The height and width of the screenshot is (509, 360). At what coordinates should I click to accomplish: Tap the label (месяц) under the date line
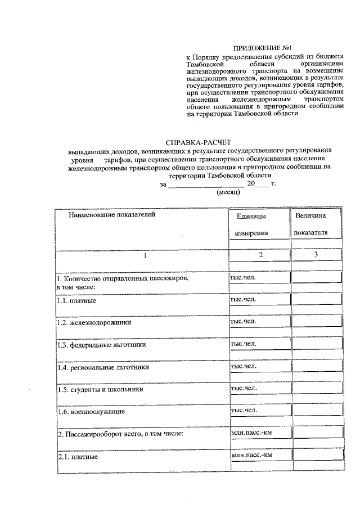[228, 192]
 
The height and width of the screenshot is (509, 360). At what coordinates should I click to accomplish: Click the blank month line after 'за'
[206, 184]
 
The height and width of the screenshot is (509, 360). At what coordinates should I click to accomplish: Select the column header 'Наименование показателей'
[111, 214]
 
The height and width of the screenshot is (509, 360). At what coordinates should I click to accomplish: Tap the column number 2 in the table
[260, 255]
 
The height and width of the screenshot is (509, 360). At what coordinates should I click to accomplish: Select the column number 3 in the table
[316, 255]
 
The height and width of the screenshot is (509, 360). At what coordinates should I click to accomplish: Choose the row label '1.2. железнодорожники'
[94, 323]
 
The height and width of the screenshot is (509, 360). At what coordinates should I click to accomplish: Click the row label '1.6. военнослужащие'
[91, 412]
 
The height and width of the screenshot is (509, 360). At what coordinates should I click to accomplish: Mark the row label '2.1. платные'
[78, 457]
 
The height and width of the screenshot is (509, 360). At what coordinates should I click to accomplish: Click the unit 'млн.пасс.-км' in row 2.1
[251, 454]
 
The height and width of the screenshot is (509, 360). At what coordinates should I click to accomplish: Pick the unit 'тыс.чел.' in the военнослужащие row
[244, 410]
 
